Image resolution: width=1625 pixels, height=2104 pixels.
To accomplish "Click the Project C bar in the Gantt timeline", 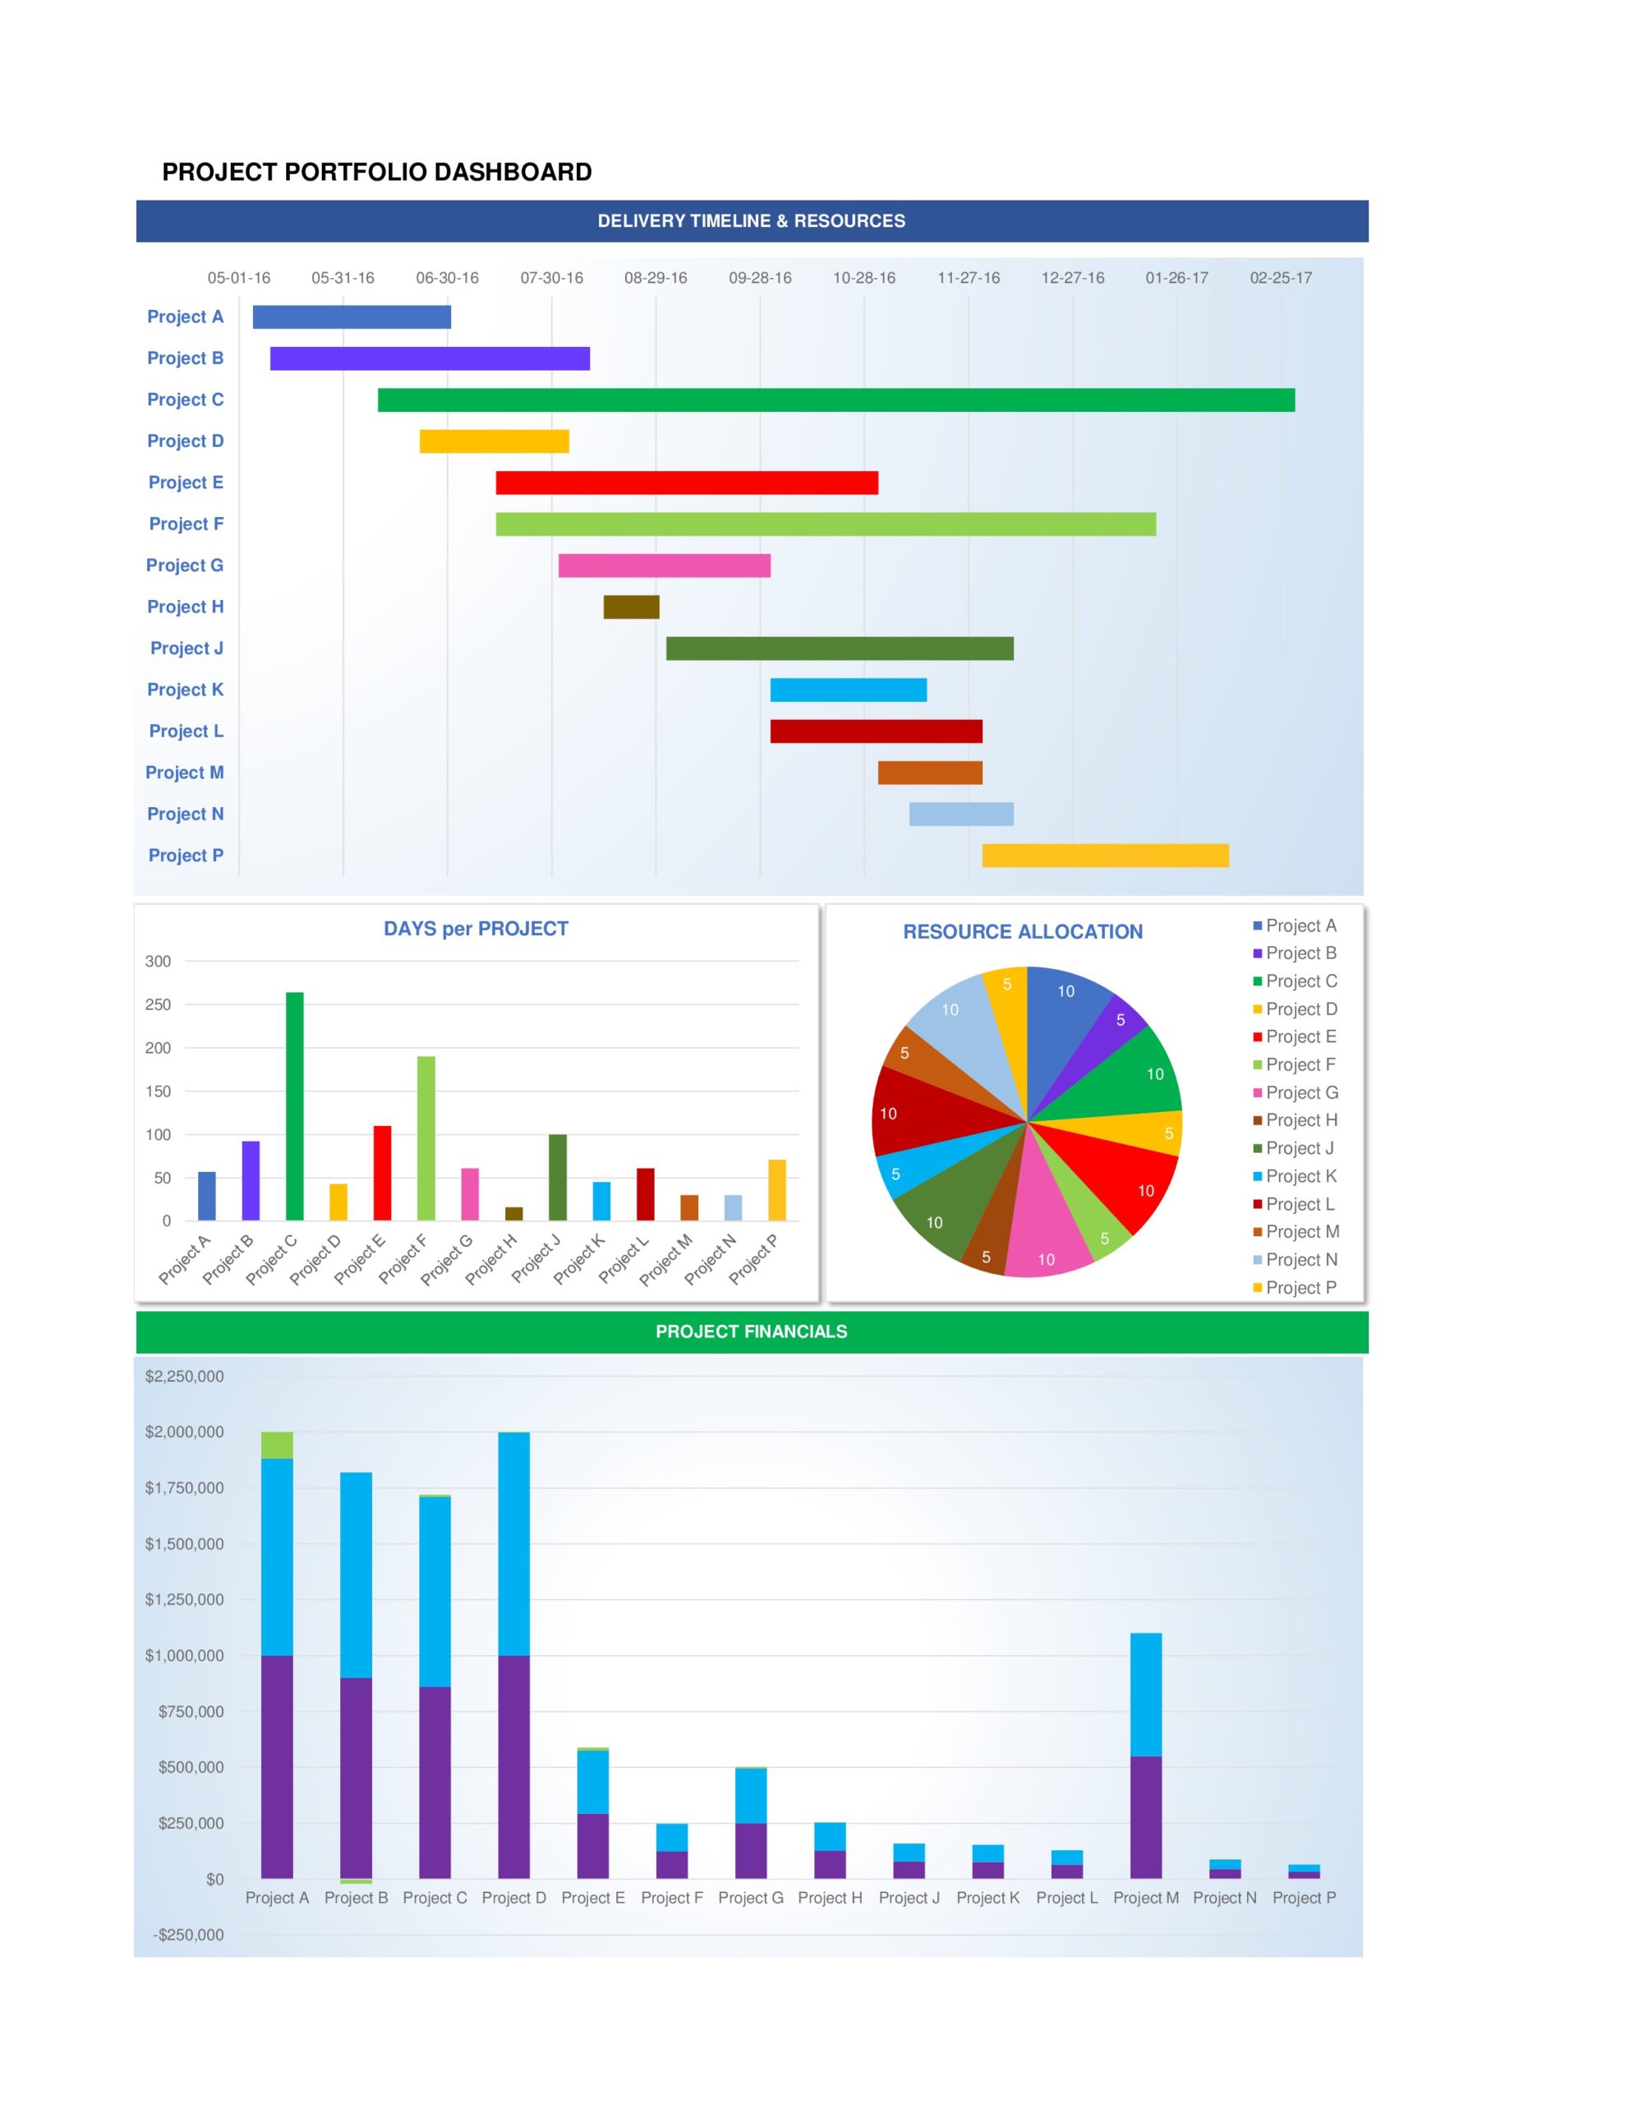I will pos(836,399).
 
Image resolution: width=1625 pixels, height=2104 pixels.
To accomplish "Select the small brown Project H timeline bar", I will pos(631,607).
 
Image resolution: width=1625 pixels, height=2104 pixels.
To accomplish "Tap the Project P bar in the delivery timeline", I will pos(1105,856).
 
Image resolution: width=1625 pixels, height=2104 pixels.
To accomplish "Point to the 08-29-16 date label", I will pos(655,279).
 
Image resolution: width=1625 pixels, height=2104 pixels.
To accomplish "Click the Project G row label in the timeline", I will pos(184,565).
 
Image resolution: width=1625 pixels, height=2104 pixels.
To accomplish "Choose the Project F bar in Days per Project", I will pos(426,1137).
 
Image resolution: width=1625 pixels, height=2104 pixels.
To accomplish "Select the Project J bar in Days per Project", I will pos(557,1177).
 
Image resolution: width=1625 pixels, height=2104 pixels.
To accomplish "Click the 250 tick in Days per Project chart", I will pos(158,1005).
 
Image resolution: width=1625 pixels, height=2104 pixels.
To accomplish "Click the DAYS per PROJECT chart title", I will pos(476,929).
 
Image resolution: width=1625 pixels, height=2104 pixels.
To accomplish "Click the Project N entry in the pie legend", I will pos(1300,1260).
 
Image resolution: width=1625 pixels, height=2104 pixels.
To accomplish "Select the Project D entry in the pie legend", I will pos(1300,1009).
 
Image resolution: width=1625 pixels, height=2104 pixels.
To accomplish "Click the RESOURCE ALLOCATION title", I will pos(1022,931).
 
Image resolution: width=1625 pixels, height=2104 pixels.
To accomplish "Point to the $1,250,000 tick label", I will pos(184,1600).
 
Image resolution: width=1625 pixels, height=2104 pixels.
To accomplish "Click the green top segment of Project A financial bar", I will pos(278,1445).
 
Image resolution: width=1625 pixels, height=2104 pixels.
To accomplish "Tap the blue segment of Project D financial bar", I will pos(513,1543).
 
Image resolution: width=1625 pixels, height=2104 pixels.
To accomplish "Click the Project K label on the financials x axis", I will pos(987,1898).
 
